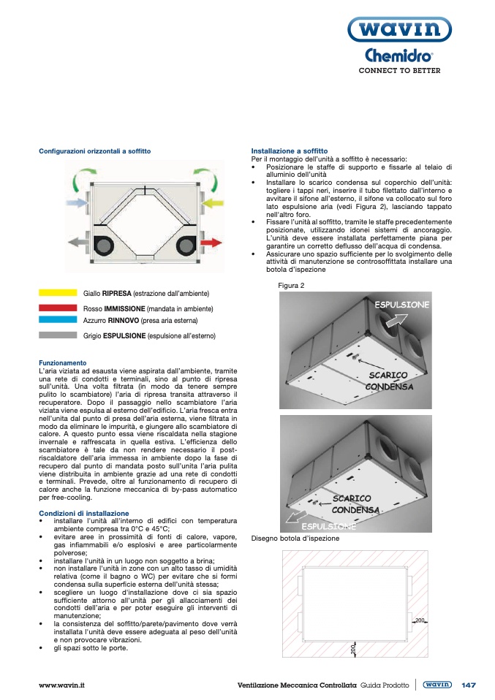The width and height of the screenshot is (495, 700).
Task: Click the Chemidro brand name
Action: (398, 56)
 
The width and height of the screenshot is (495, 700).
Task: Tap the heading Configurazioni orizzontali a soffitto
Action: (94, 151)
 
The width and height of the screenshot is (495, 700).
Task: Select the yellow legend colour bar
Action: (58, 292)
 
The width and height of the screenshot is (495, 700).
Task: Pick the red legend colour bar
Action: (58, 308)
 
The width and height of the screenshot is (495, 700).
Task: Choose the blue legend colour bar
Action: (58, 320)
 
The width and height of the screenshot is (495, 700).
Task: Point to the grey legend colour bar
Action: (58, 335)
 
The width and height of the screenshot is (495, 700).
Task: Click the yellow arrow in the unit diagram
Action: (211, 201)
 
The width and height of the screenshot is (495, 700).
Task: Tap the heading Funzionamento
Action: (62, 362)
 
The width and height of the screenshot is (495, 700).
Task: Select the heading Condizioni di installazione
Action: (83, 513)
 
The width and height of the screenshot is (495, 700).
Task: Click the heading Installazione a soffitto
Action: (284, 151)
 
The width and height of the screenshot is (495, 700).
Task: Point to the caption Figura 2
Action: (291, 285)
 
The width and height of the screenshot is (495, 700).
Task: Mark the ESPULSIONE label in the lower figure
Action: (328, 526)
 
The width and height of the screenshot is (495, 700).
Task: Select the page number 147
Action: (469, 685)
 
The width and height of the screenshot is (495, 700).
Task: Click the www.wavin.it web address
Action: (62, 685)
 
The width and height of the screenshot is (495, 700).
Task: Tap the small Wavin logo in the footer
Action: (437, 685)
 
